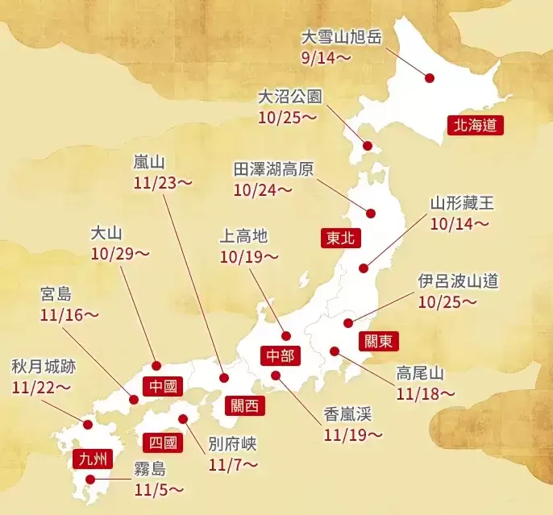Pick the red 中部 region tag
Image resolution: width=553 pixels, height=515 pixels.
(281, 355)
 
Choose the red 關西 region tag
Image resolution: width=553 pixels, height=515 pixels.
(244, 405)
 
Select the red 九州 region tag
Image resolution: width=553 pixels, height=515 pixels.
(89, 459)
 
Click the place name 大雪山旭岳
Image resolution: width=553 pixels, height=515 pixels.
(340, 37)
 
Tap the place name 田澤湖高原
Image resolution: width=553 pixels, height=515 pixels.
(274, 169)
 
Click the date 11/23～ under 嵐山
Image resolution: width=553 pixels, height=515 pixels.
(164, 182)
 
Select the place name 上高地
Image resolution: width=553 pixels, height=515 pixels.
(243, 236)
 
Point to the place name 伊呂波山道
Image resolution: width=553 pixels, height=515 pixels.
(458, 281)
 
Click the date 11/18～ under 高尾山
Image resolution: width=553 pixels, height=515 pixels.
(426, 393)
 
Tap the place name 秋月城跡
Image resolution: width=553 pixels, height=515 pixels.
(44, 367)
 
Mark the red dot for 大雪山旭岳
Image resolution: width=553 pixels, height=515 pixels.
(430, 78)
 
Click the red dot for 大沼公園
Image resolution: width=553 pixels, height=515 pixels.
(368, 147)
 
